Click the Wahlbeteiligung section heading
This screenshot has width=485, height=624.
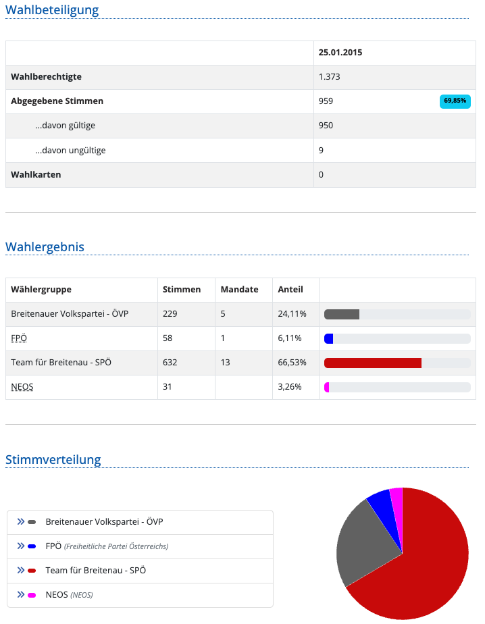point(52,10)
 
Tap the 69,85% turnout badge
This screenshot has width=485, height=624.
point(455,101)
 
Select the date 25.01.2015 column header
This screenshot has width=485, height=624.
point(340,53)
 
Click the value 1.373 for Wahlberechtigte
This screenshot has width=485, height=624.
point(329,77)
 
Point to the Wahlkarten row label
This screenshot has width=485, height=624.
point(36,174)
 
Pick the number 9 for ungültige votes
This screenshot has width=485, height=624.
point(321,150)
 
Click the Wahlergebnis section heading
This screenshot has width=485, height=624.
point(45,246)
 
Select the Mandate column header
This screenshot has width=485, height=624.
point(239,289)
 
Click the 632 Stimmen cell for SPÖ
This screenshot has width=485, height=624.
point(170,362)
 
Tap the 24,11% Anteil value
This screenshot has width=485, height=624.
point(292,314)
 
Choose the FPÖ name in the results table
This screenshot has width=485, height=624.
point(19,338)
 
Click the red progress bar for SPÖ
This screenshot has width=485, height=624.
point(372,363)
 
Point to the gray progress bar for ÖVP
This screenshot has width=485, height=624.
point(342,314)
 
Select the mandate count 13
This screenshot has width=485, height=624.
point(225,362)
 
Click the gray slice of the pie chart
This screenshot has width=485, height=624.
point(365,540)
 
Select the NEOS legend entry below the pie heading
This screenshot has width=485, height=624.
point(57,595)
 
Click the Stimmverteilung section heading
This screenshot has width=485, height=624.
point(53,460)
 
